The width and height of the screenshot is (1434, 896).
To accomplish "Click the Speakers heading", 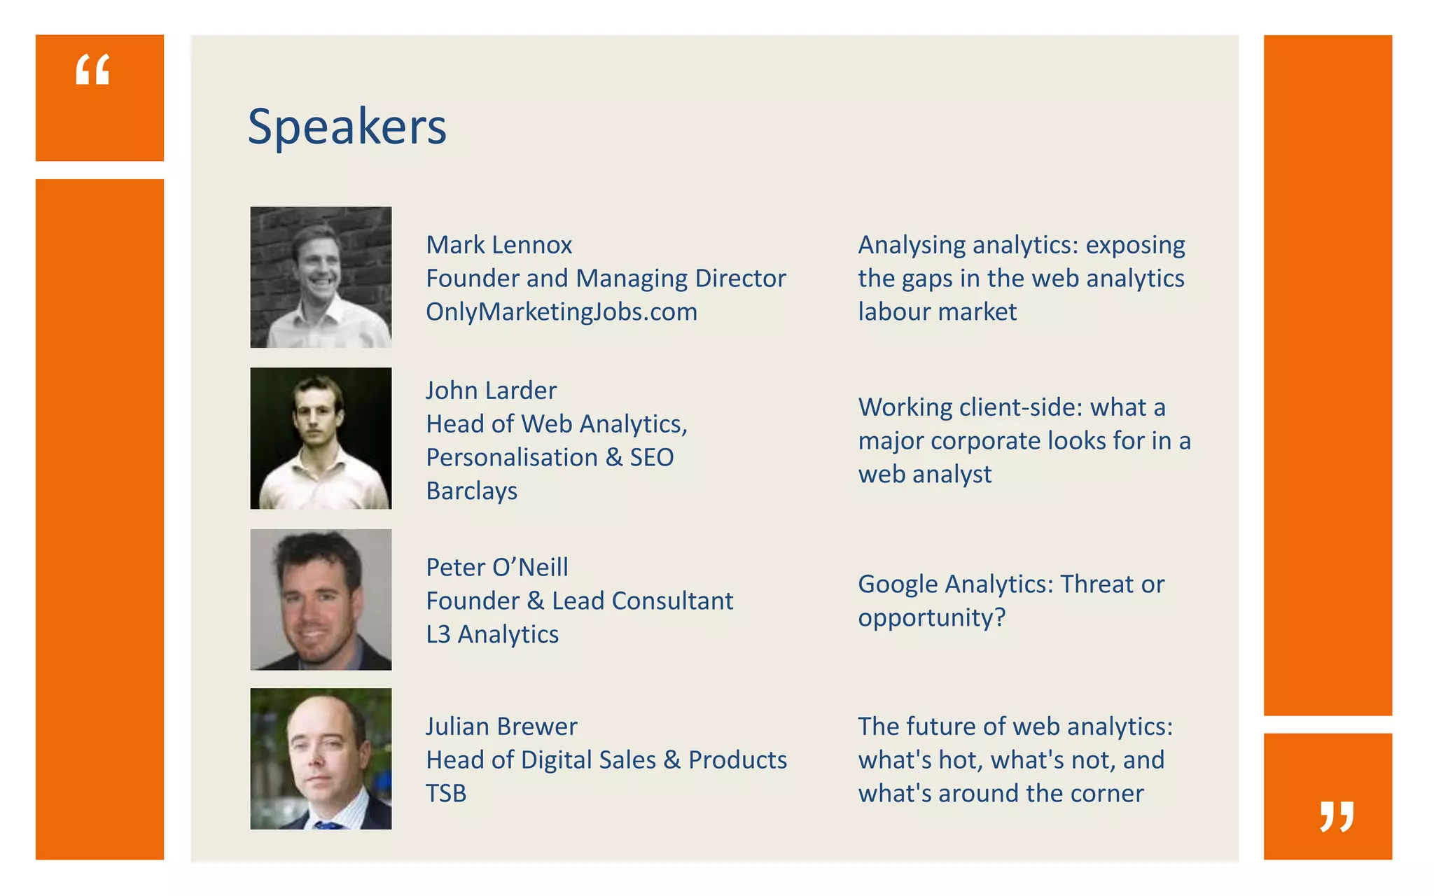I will click(x=347, y=127).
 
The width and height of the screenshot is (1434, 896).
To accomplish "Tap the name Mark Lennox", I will click(x=499, y=245).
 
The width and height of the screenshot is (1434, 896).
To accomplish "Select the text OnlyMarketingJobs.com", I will click(x=561, y=312).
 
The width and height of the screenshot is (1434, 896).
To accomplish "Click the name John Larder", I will click(x=491, y=391).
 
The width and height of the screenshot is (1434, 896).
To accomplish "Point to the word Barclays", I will click(x=471, y=491).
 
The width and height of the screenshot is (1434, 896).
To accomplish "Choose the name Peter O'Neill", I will click(x=496, y=568).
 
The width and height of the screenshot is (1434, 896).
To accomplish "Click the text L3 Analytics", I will click(x=492, y=635).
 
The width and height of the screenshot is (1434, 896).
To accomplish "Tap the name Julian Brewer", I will click(x=501, y=727).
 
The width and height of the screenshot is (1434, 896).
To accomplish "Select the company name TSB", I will click(x=446, y=794).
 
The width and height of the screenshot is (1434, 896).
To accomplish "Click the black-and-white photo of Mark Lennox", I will click(x=321, y=277).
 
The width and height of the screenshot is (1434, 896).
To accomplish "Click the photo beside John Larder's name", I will click(x=321, y=438).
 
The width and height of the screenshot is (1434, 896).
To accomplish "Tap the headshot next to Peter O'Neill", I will click(x=321, y=600).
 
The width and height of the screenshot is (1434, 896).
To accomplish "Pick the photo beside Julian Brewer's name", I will click(x=321, y=759).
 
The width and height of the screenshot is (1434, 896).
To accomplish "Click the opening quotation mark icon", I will click(x=93, y=70).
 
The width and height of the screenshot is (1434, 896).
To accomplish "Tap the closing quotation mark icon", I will click(x=1336, y=816).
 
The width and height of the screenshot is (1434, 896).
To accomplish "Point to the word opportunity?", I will click(x=931, y=618).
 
